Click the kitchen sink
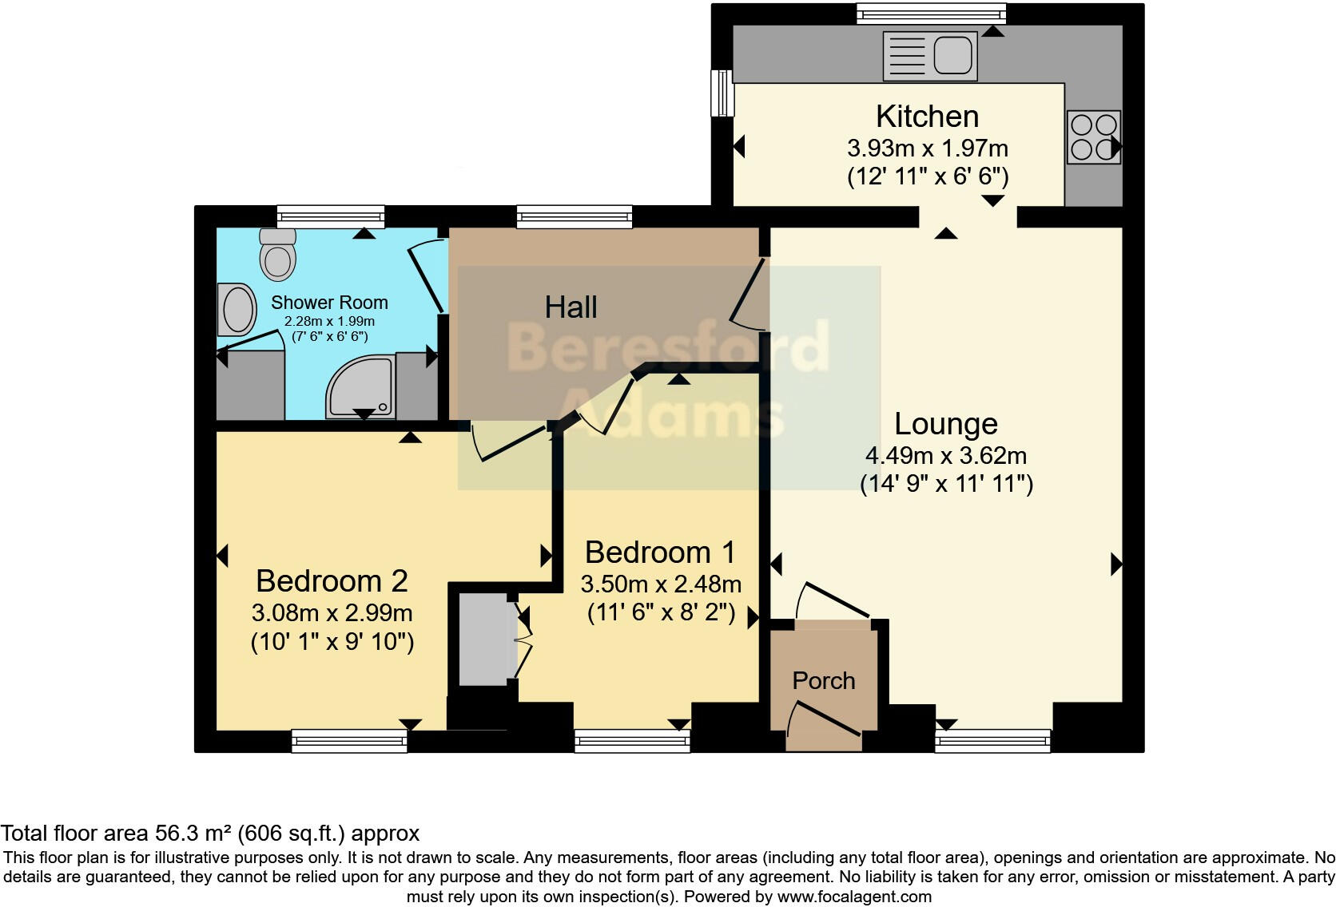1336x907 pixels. (930, 56)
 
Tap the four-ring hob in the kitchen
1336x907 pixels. (1094, 137)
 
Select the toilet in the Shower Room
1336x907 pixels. (278, 255)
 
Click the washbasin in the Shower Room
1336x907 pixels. (237, 310)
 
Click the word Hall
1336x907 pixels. (571, 307)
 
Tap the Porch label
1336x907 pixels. (824, 680)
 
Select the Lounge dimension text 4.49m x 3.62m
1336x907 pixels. (946, 456)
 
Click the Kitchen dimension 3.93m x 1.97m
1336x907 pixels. (928, 149)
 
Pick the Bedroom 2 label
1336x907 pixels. (332, 581)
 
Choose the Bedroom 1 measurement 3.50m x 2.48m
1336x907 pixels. (661, 584)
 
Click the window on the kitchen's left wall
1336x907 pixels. (722, 93)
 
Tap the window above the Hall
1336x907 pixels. (575, 216)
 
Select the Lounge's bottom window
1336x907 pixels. (992, 742)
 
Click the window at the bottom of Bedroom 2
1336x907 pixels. (349, 742)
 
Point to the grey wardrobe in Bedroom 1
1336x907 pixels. (483, 639)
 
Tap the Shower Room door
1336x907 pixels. (427, 275)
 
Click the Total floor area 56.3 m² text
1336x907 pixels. (210, 833)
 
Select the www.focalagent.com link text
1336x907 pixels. (854, 897)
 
